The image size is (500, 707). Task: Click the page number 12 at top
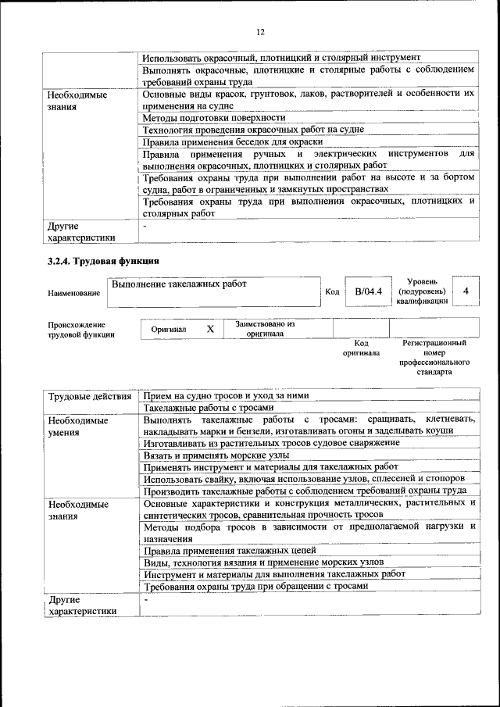260,32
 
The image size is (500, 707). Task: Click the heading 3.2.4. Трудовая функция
104,261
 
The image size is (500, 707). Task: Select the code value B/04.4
367,292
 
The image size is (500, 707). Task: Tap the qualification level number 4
466,291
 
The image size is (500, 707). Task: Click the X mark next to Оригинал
210,330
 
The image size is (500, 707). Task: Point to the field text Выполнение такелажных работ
179,284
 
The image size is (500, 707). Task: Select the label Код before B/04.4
331,292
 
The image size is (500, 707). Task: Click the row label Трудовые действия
89,396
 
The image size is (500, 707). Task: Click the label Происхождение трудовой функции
77,330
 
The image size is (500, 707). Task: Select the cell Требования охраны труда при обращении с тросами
255,586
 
